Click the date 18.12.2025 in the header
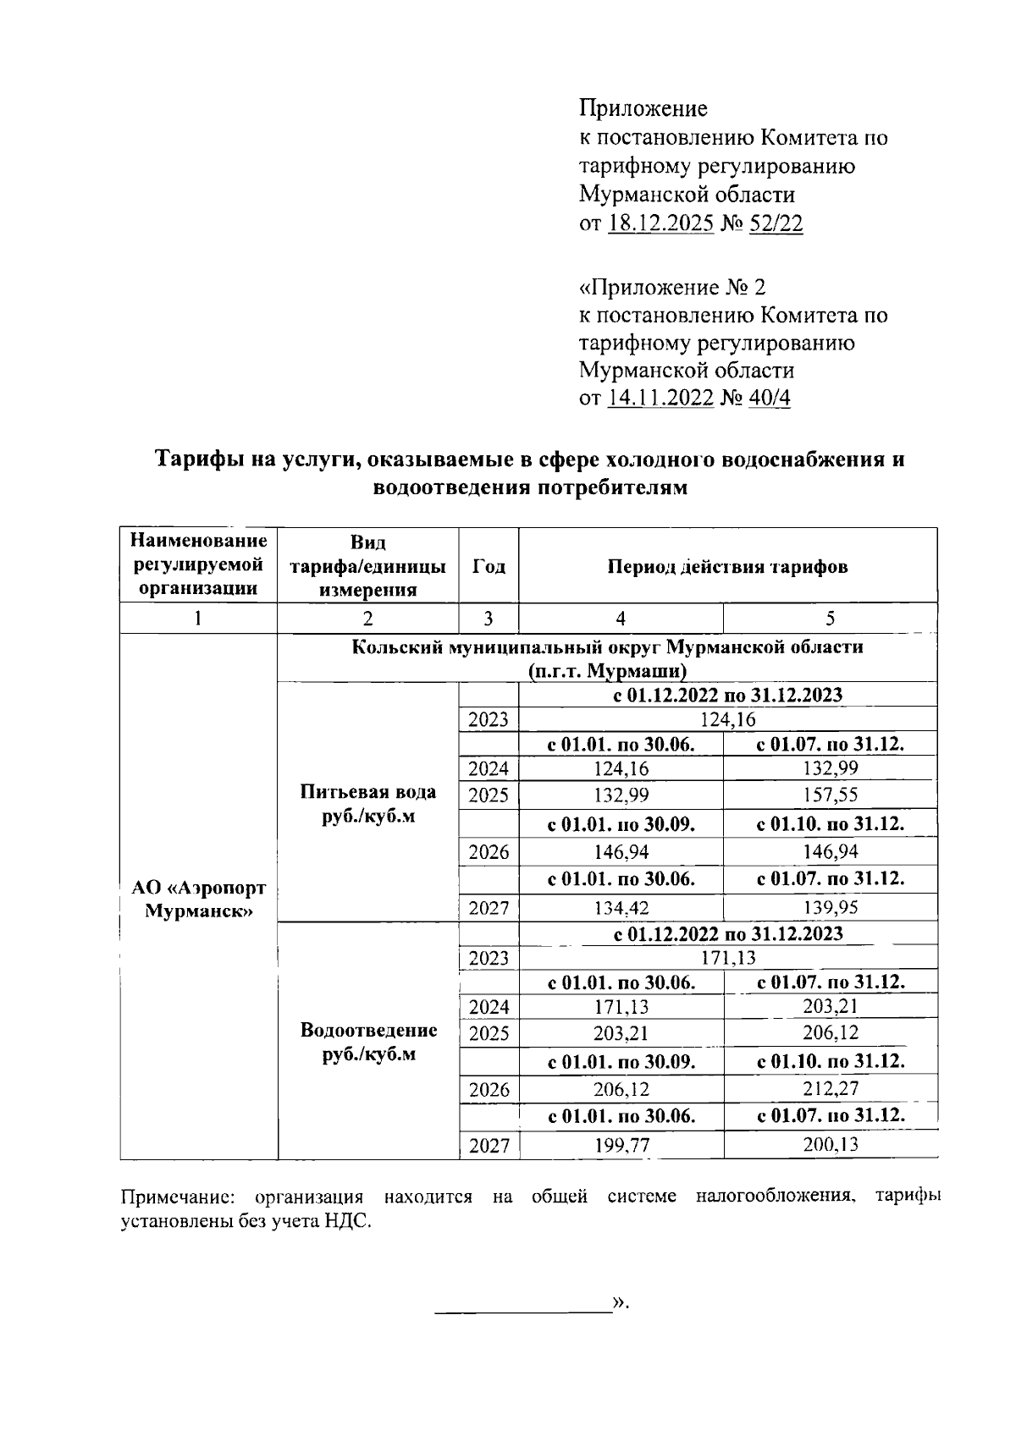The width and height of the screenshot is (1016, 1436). coord(660,223)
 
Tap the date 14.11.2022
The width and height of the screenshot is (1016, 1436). coord(660,398)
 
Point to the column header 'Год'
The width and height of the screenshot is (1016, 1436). coord(488,566)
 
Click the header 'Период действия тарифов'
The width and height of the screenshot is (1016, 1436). coord(727,566)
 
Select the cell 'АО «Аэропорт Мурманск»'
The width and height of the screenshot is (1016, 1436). coord(199,900)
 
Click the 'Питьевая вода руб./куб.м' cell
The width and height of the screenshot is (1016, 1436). coord(368,804)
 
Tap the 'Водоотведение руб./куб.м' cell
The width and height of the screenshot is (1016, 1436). coord(368,1042)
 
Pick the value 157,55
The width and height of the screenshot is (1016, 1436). coord(830,795)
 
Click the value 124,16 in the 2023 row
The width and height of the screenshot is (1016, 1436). coord(727,720)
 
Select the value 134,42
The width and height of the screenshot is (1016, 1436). coord(621,909)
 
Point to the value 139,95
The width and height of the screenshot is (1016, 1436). coord(830,908)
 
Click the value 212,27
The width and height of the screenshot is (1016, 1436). coord(830,1089)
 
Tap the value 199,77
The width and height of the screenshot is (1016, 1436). coord(621,1146)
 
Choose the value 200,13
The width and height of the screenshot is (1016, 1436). coord(830,1146)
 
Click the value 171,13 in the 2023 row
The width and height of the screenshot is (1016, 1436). coord(727,958)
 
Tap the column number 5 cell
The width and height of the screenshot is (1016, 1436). coord(830,619)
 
